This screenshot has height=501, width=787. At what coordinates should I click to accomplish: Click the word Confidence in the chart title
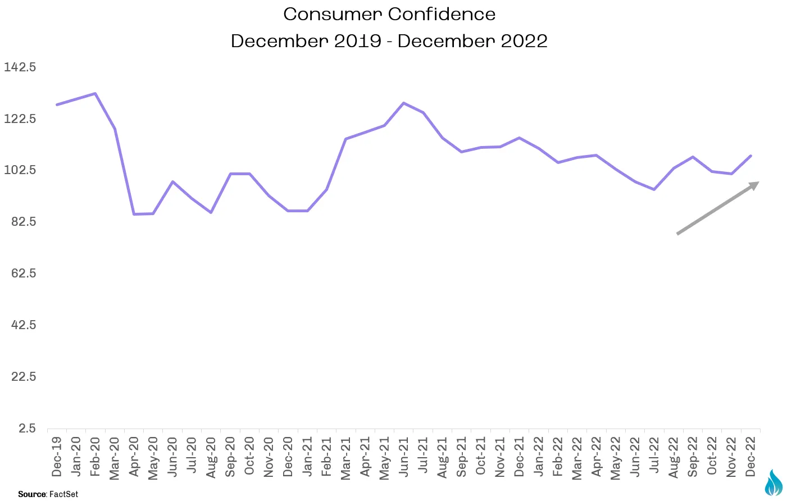(442, 14)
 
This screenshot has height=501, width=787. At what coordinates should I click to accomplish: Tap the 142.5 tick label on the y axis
(20, 67)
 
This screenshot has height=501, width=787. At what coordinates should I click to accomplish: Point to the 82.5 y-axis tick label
(24, 221)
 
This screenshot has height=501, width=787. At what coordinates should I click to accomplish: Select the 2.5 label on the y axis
(27, 428)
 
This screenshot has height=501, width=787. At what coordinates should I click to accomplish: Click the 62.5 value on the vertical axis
(24, 273)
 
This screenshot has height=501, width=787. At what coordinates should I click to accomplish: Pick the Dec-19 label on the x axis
(57, 457)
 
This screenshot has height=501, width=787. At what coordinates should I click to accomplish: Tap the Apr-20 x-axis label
(134, 457)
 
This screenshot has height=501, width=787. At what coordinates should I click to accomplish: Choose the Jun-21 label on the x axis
(404, 457)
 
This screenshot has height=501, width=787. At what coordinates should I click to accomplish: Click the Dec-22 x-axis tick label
(750, 457)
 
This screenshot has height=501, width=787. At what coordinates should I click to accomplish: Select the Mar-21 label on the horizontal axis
(345, 458)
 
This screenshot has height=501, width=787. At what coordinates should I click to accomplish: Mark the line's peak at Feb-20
(95, 93)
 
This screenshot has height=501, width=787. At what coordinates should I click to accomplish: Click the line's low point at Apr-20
(134, 214)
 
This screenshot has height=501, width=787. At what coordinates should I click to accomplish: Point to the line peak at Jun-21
(404, 103)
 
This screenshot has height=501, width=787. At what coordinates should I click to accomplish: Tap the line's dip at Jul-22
(654, 189)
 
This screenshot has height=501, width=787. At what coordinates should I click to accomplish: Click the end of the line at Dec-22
(750, 156)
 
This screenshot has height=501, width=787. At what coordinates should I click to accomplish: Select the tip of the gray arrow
(759, 181)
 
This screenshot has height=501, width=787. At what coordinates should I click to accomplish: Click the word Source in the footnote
(32, 494)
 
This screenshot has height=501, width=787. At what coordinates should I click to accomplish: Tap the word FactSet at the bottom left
(64, 494)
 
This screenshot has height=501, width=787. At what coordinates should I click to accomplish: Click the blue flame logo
(774, 482)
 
